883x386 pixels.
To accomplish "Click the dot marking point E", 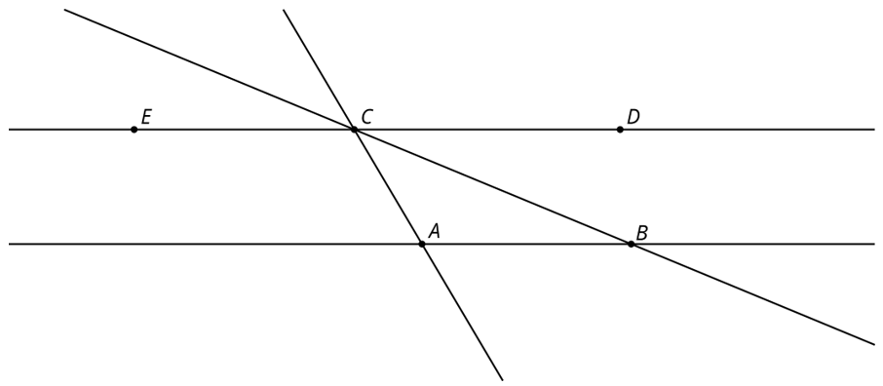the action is click(134, 130).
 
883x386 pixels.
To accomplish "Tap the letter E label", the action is click(146, 117).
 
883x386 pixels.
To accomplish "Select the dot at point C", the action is click(354, 130).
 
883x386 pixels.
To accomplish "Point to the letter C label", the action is click(367, 117).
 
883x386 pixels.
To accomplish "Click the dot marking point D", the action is click(620, 130).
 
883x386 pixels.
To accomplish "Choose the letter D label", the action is click(633, 117).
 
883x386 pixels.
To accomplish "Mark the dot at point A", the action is click(422, 244).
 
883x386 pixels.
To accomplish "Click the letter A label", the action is click(434, 230).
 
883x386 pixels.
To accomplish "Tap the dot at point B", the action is click(632, 244).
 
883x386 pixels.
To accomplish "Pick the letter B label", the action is click(641, 232).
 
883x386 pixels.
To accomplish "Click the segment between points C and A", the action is click(388, 186).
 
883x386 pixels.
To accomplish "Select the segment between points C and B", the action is click(493, 186).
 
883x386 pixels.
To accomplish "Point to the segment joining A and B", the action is click(526, 244).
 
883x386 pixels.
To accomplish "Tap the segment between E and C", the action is click(244, 130).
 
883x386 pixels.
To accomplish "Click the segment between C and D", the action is click(487, 130).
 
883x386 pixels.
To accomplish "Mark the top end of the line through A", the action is click(284, 10).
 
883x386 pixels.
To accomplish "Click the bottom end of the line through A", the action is click(502, 380).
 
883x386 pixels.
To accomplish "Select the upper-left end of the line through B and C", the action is click(64, 10).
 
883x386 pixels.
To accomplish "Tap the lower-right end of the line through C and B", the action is click(874, 344).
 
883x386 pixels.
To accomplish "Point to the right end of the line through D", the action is click(874, 130).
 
